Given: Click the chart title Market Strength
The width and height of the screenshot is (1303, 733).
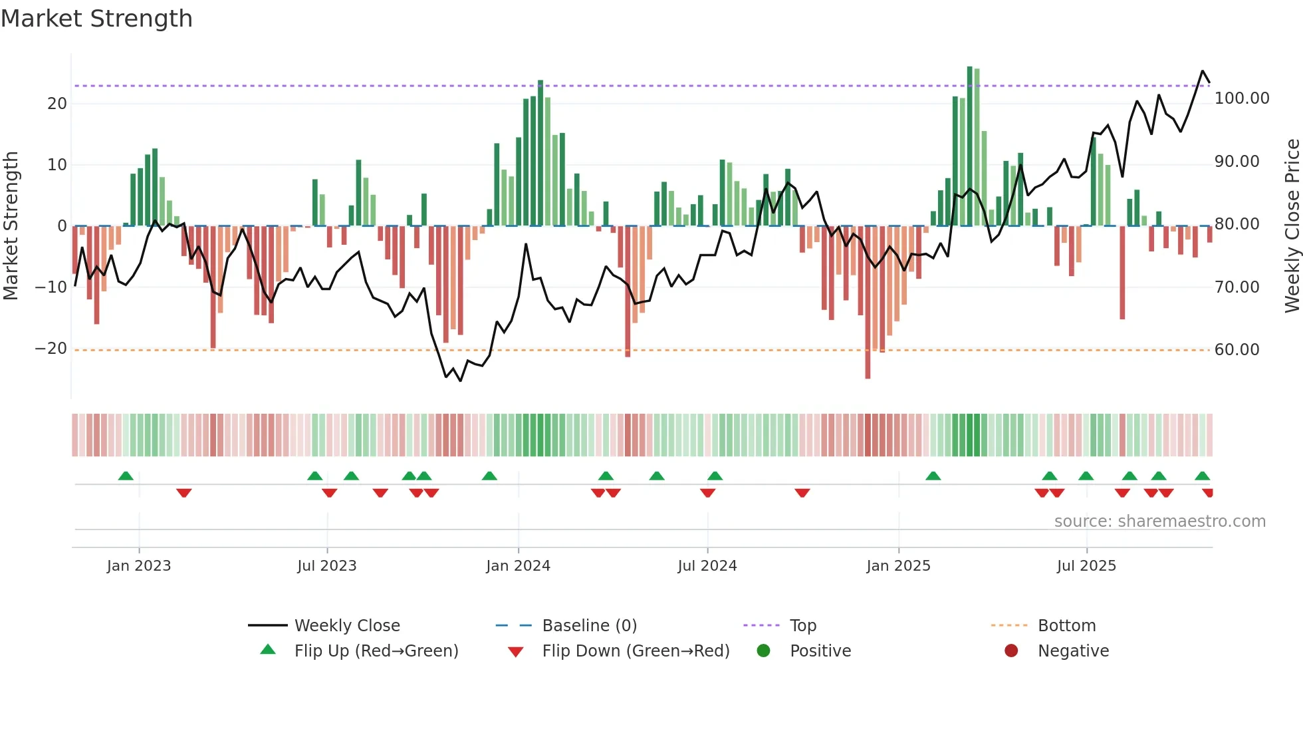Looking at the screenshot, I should point(96,19).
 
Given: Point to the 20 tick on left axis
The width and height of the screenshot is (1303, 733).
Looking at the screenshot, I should point(57,103).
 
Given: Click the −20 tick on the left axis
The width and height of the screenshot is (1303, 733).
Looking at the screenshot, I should point(51,349).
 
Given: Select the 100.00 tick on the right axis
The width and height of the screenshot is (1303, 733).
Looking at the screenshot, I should point(1241,98).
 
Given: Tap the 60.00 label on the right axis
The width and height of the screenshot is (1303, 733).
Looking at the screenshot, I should point(1237,350).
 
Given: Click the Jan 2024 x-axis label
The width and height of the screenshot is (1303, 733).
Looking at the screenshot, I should point(518,566).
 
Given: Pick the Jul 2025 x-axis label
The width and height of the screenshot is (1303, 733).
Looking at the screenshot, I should point(1086,566).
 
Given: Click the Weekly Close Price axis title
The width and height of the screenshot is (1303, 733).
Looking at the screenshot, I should point(1292,225).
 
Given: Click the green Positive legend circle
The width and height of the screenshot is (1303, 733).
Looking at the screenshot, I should point(763,651).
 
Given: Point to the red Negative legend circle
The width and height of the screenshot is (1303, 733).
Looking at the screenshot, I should point(1011,651).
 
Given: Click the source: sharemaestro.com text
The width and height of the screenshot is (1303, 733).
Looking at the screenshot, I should point(1159,521).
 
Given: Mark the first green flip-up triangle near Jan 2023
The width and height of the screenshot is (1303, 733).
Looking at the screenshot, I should point(126,476).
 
